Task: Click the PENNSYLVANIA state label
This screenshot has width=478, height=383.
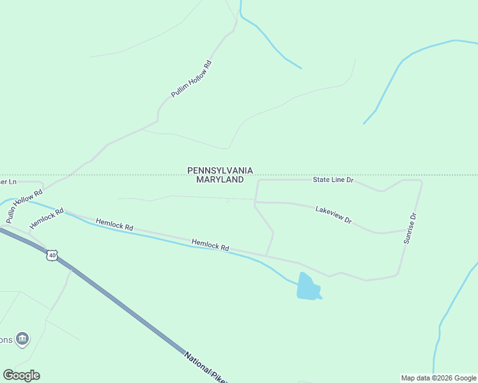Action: point(220,170)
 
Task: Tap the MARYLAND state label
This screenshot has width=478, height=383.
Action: point(220,180)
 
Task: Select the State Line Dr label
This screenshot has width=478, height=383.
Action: point(333,180)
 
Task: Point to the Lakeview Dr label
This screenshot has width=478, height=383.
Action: point(334,214)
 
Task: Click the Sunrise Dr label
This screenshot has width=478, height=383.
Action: point(410,228)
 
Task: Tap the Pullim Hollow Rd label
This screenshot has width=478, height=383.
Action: point(191,79)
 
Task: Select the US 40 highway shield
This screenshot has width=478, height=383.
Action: point(52,255)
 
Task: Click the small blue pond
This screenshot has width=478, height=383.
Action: point(307,288)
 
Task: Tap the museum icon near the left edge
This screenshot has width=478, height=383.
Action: point(23,338)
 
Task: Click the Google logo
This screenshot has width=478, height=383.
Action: point(21,375)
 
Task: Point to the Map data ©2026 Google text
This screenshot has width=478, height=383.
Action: point(438,378)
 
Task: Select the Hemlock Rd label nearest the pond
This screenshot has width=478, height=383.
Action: point(210,244)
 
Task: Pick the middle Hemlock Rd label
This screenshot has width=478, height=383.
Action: point(114,225)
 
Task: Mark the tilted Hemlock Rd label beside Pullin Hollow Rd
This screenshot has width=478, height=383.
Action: point(47,218)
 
